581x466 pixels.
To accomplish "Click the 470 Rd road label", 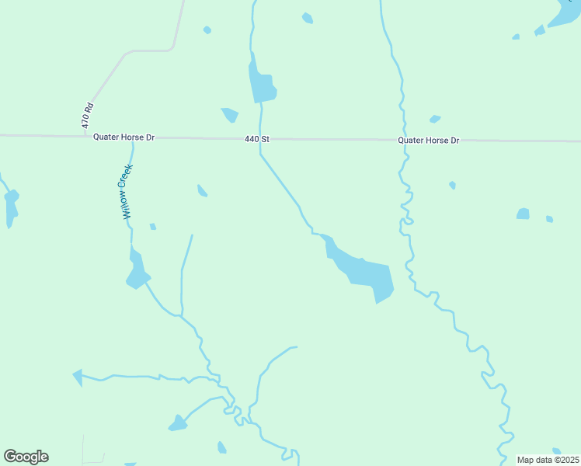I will [88, 116].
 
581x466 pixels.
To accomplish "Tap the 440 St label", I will [256, 139].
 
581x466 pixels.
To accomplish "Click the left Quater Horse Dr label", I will [124, 137].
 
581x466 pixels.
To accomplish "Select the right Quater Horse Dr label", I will [428, 141].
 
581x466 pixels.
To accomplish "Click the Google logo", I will [26, 457].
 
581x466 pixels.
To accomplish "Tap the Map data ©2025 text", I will [547, 460].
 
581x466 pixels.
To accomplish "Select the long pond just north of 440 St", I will [261, 84].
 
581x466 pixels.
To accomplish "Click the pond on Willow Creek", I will [137, 272].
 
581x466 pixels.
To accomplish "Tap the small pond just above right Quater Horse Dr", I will [435, 119].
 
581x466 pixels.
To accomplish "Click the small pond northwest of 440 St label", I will [230, 115].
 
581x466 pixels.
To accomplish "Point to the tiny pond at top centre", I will [308, 18].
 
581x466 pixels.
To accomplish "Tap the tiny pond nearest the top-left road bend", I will [207, 30].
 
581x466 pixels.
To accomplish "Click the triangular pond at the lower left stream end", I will [78, 377].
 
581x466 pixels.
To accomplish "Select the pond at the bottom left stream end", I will [178, 424].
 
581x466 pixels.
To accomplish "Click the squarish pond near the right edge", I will [523, 214].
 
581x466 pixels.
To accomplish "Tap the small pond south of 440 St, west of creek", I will [202, 190].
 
